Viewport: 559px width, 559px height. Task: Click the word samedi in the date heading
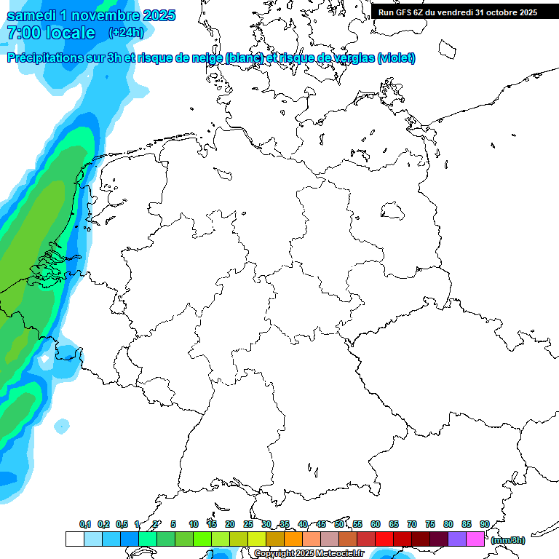coord(32,15)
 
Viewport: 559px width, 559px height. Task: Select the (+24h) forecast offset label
coord(126,33)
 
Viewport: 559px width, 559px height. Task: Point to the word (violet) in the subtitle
coord(396,58)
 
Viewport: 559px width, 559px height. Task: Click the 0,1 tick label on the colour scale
coord(84,524)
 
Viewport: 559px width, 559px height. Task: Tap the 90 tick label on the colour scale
coord(484,524)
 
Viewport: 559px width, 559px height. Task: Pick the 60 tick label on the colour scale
coord(376,524)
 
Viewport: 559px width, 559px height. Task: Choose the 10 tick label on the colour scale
coord(193,524)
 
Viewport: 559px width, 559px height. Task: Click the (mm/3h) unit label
coord(508,540)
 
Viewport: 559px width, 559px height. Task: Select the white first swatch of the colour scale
coord(74,539)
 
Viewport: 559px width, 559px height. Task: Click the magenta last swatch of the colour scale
coord(475,539)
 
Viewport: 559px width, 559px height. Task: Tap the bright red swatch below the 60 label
coord(384,539)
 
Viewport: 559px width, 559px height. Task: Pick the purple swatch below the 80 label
coord(457,539)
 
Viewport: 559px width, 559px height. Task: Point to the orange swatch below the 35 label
coord(293,539)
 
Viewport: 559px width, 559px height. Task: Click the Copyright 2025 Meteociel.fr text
coord(309,554)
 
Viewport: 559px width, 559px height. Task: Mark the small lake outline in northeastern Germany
coord(393,211)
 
